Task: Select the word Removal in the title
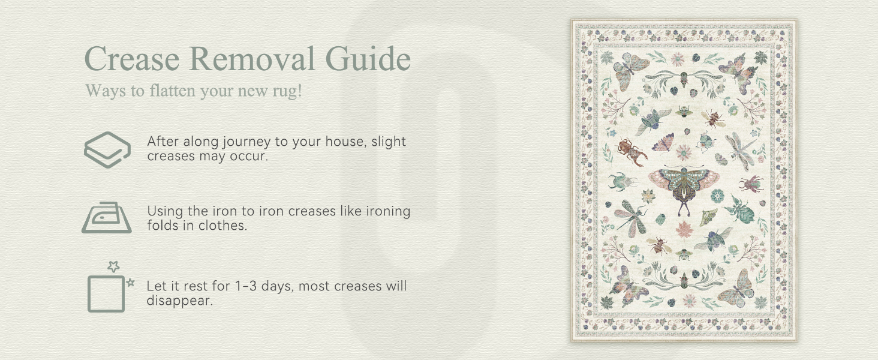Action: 252,59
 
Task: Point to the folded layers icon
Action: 107,149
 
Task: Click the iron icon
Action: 106,218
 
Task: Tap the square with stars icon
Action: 107,292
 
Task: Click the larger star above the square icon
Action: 113,266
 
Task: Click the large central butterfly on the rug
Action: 684,186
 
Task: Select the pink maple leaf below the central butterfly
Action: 684,230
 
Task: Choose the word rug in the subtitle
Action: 287,91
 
